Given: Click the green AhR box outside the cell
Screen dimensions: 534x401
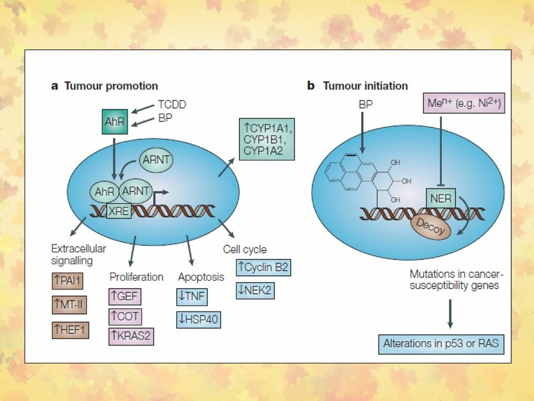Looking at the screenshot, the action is pos(115,122).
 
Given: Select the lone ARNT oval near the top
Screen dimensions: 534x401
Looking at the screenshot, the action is pos(156,160).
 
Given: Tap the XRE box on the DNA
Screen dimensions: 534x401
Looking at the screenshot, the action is pos(119,211).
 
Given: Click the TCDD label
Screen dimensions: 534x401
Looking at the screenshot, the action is pos(172,104).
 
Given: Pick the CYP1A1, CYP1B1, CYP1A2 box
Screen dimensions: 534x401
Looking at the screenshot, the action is pos(267,139).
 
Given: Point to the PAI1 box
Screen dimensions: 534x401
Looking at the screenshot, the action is pos(67,281).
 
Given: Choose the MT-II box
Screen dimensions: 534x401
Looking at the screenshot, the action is pos(69,305).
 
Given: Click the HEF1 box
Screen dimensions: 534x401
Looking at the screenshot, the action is pos(71,329).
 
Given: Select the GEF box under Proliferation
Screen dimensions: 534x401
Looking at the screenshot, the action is pos(125,297).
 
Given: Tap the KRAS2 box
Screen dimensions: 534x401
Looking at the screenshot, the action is pos(131,337).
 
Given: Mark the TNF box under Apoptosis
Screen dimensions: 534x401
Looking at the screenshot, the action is pos(192,297).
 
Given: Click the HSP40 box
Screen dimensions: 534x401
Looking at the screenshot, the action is pos(198,319).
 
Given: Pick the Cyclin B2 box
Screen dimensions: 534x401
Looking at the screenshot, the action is pos(264,267).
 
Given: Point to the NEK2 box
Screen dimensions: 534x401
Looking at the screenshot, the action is pos(255,291).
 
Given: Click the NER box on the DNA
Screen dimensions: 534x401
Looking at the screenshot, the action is pos(441,198).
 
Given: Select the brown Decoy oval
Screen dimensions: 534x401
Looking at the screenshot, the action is pos(431,227).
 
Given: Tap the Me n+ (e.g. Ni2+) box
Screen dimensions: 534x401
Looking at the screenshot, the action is pos(464,103).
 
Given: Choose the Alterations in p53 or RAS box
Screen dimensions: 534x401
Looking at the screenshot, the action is pos(441,344).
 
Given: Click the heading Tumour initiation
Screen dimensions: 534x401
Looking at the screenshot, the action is pos(365,86).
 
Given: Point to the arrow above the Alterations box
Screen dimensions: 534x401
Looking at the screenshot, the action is pos(450,313).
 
